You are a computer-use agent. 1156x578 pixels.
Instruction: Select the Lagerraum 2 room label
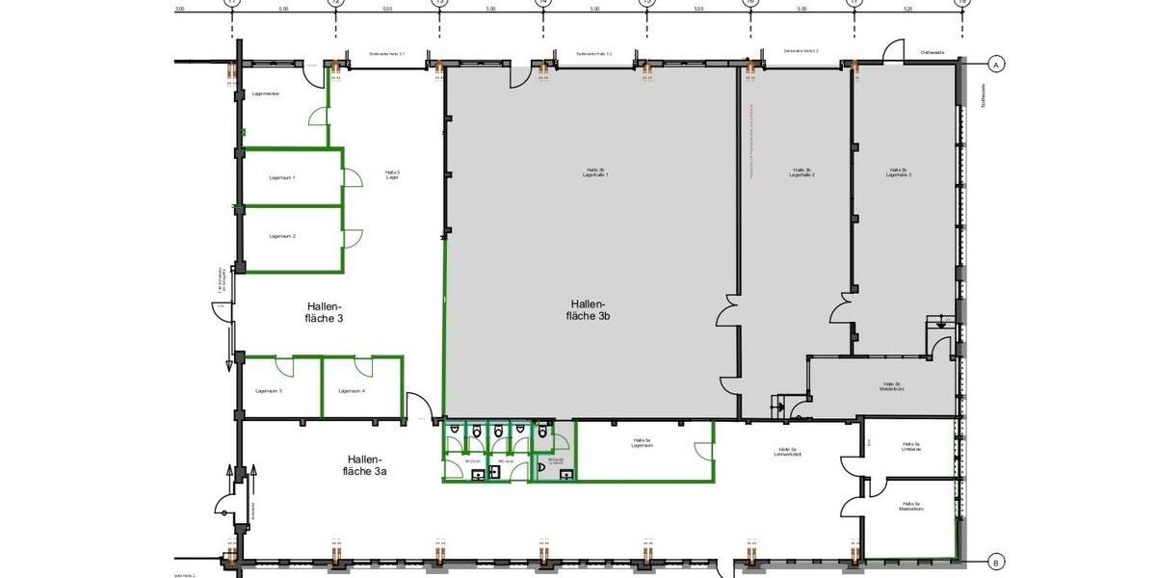[x=282, y=236]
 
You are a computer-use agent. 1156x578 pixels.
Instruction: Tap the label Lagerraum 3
[x=269, y=390]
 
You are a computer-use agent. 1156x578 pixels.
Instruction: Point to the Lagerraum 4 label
[x=352, y=390]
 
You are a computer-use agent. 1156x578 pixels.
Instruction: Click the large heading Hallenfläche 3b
[x=589, y=308]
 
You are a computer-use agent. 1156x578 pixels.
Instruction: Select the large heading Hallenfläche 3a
[x=363, y=464]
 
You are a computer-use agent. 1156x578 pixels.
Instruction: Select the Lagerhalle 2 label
[x=802, y=172]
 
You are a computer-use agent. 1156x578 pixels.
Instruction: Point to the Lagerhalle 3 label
[x=900, y=172]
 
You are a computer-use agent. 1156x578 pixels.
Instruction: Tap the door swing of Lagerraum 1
[x=353, y=178]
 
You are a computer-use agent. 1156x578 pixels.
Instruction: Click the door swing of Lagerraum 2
[x=353, y=239]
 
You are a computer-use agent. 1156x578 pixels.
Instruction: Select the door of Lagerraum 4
[x=363, y=366]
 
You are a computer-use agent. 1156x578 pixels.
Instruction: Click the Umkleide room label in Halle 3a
[x=910, y=447]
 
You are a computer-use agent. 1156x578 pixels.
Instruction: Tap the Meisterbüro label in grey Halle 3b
[x=890, y=387]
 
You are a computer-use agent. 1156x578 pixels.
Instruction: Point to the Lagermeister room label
[x=265, y=94]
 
